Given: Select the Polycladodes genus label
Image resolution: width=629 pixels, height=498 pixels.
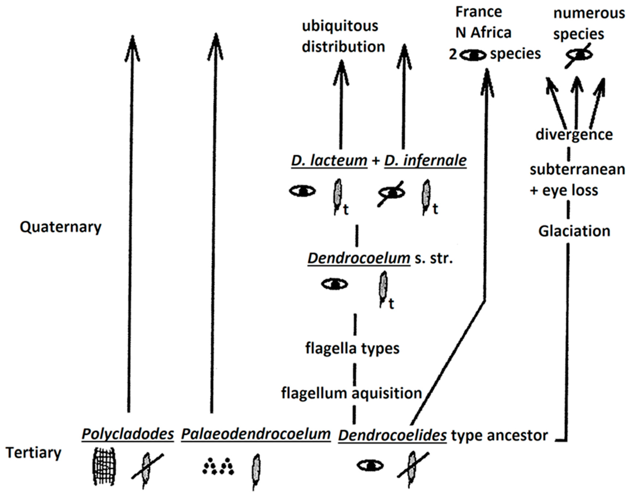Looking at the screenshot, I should pyautogui.click(x=128, y=434).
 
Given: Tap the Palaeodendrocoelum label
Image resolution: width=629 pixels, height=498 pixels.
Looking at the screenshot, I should pyautogui.click(x=256, y=434).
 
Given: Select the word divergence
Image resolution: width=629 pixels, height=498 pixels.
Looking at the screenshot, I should pyautogui.click(x=574, y=135).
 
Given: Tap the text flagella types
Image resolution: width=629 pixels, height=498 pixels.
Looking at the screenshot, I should pyautogui.click(x=352, y=348).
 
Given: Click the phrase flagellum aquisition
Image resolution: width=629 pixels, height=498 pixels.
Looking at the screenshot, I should pyautogui.click(x=351, y=393).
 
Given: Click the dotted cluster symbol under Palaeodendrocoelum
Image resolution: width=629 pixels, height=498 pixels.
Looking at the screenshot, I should pyautogui.click(x=218, y=467).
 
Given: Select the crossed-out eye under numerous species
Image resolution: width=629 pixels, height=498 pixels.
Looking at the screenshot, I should pyautogui.click(x=579, y=55).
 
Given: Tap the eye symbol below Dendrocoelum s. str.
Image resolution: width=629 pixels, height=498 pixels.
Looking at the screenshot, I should pyautogui.click(x=335, y=284).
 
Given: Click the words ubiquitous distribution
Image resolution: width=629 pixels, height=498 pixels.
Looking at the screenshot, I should pyautogui.click(x=343, y=36).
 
